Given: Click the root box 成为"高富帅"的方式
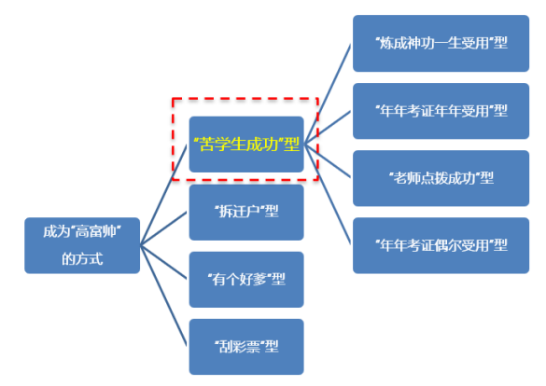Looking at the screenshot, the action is (x=82, y=245).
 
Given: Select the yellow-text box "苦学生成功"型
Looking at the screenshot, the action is (x=246, y=145).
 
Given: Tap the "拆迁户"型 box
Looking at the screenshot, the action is (x=246, y=213).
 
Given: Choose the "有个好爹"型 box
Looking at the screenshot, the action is (x=246, y=280).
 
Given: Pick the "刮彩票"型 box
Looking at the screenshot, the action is (x=246, y=347).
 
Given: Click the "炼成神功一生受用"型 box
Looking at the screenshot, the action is (x=441, y=44).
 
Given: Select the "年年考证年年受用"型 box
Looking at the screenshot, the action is (x=441, y=111).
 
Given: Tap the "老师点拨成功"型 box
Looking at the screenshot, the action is (x=441, y=178).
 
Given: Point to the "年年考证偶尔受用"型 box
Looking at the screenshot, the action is (x=441, y=245).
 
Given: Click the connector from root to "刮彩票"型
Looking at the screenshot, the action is (x=163, y=296).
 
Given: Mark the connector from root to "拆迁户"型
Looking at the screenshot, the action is (x=163, y=228).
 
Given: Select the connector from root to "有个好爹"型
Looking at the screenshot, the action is (x=163, y=262).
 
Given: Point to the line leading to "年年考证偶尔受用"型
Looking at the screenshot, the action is (x=328, y=194).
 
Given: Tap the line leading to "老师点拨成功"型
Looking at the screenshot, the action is (x=328, y=161).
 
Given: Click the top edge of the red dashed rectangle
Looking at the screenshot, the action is (x=245, y=99).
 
